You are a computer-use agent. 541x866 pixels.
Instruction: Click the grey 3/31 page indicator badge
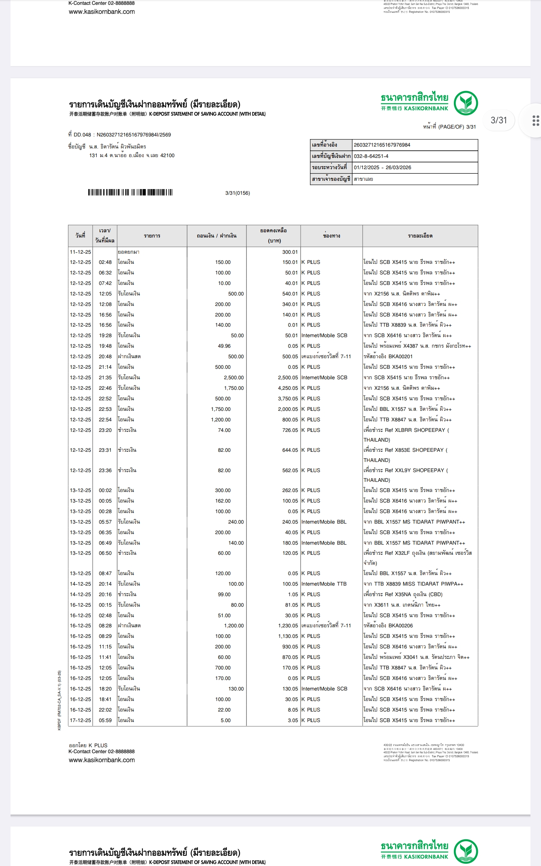click(x=499, y=120)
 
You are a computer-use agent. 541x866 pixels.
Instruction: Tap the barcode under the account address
click(x=130, y=192)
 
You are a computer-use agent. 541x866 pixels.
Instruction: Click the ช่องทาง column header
click(x=331, y=236)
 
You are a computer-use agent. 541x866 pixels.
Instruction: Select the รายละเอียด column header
click(x=420, y=236)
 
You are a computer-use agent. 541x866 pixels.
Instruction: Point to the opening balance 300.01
click(x=290, y=252)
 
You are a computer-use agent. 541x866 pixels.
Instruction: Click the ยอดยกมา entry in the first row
click(x=128, y=252)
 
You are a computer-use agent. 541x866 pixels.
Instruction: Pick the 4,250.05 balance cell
click(x=288, y=388)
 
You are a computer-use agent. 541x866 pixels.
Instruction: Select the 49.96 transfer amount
click(x=224, y=346)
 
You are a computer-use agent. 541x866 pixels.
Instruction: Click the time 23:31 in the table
click(x=105, y=450)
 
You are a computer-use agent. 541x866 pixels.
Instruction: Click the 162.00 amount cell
click(x=223, y=501)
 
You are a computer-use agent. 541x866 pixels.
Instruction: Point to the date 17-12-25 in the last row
click(x=80, y=720)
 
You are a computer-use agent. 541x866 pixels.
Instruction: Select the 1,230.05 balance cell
click(x=288, y=625)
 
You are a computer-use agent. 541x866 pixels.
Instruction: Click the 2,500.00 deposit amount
click(x=234, y=377)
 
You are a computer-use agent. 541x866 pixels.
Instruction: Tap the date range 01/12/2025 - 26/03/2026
click(x=382, y=168)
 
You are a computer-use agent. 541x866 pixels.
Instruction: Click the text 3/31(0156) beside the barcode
click(x=237, y=193)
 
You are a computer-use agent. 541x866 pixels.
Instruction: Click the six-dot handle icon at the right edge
click(x=536, y=121)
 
